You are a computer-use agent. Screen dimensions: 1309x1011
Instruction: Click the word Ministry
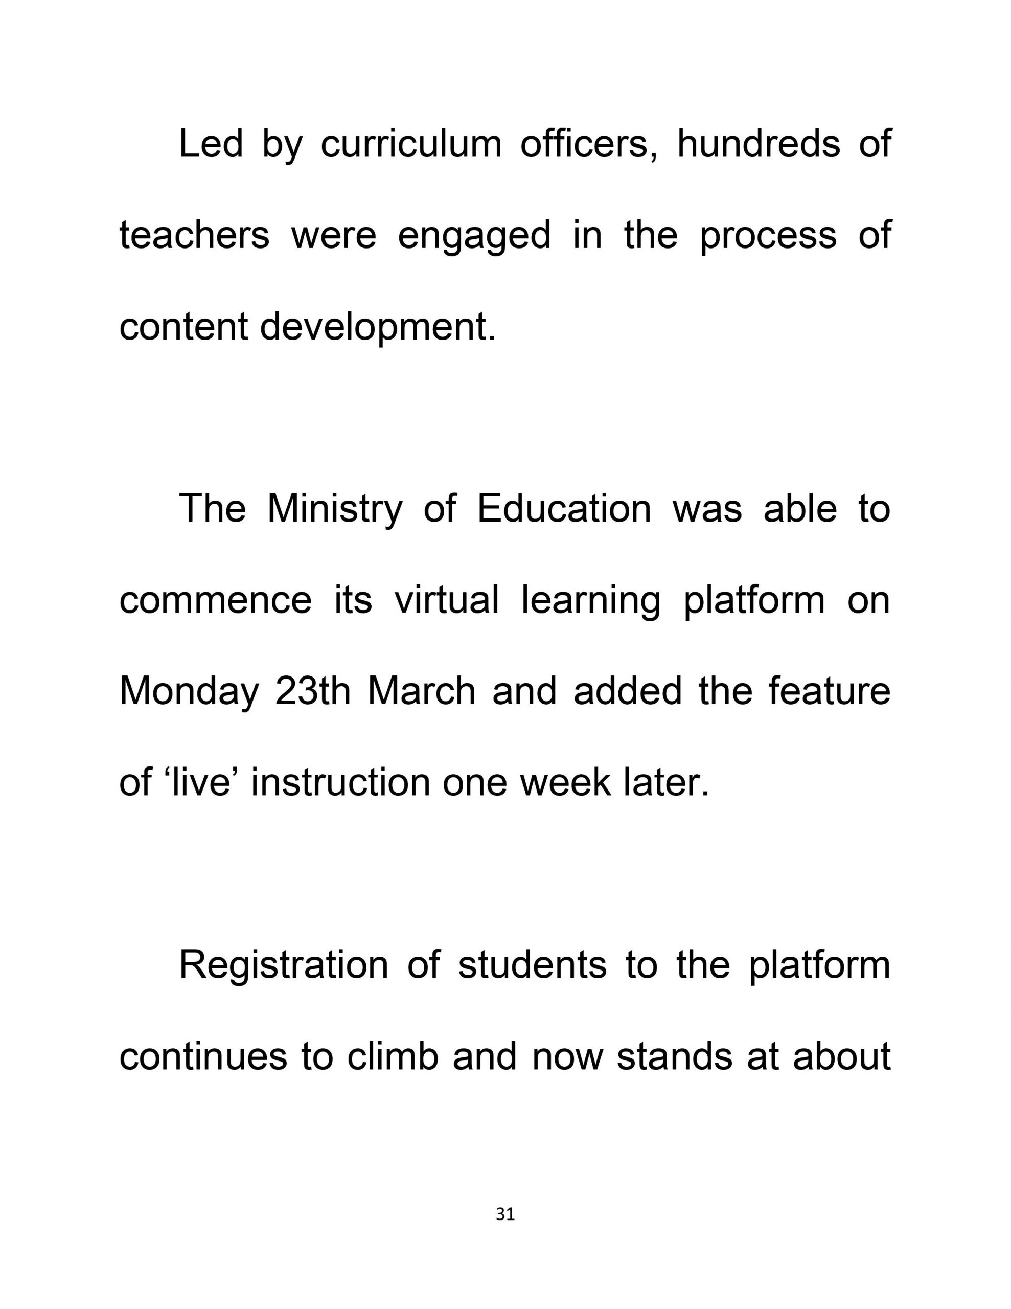tap(334, 509)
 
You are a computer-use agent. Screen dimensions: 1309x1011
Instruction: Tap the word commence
tap(216, 601)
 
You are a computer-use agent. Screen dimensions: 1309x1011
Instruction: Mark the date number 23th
tap(313, 691)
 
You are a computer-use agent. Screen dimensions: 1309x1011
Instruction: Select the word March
tap(421, 691)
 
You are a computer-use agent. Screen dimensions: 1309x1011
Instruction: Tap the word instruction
tap(340, 782)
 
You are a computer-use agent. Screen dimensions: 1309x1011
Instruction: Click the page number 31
tap(505, 1214)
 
